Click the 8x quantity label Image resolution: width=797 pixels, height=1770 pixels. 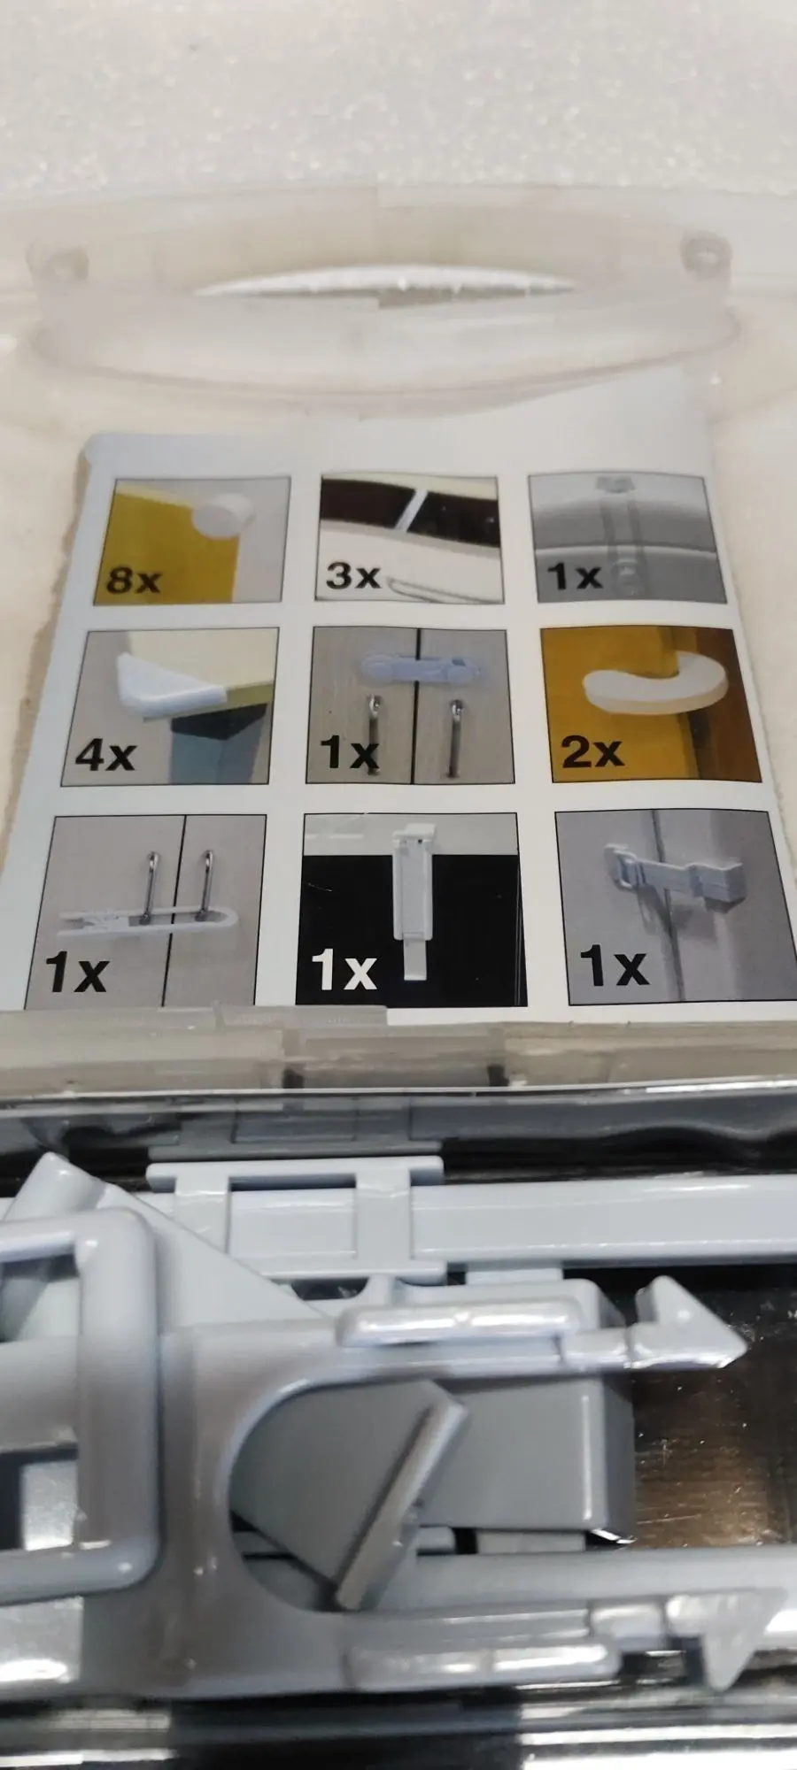tap(134, 580)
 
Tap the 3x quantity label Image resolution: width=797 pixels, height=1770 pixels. tap(352, 574)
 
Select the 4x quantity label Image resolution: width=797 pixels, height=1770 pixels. tap(105, 755)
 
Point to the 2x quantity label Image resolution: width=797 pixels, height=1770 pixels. tap(592, 751)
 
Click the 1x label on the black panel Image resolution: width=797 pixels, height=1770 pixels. tap(344, 971)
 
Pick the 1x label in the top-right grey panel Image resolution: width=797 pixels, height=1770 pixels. tap(575, 576)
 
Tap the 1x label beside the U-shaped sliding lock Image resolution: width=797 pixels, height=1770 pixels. tap(76, 972)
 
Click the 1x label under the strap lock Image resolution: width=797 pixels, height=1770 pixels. tap(614, 965)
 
